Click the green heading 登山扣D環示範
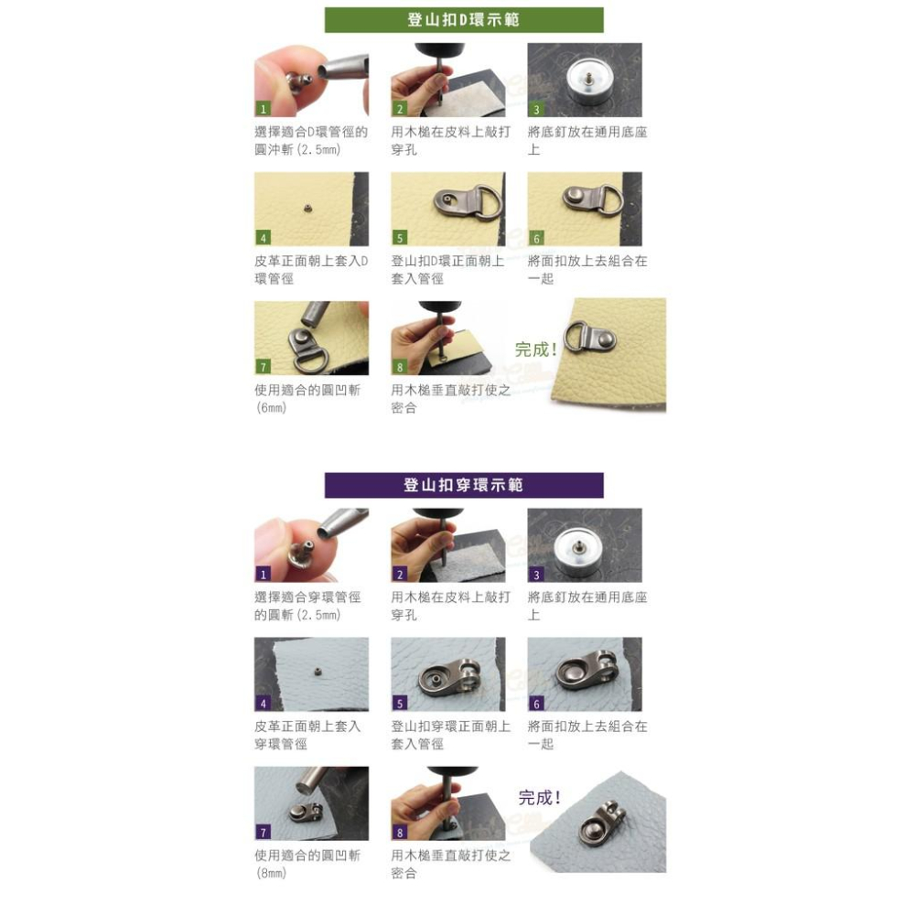coord(463,20)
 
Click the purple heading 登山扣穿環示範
coord(463,485)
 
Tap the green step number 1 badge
coord(264,109)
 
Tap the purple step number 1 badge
coord(264,575)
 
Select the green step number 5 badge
coord(400,238)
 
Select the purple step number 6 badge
coord(536,703)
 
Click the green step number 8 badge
coord(400,367)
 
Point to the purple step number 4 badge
coord(264,703)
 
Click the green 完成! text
coord(535,350)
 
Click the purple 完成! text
coord(540,797)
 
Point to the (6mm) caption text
coord(272,407)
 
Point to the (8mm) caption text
coord(272,873)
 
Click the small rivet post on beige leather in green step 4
coord(307,208)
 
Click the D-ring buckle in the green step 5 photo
coord(467,203)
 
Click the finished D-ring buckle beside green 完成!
coord(590,337)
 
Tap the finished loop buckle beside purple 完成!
coord(602,823)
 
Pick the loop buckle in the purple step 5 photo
coord(450,676)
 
